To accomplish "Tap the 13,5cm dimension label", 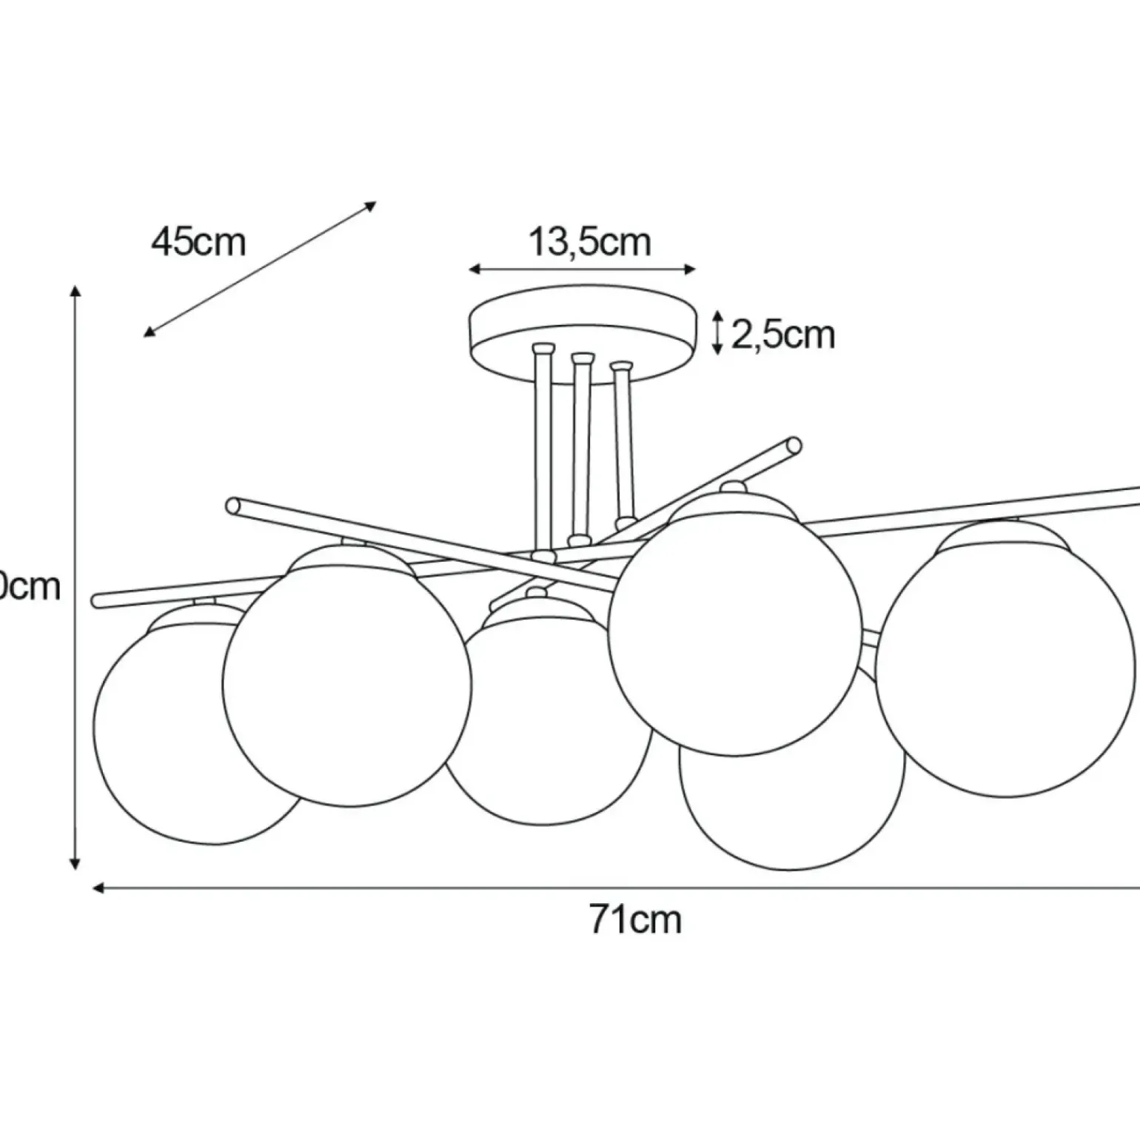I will tap(589, 242).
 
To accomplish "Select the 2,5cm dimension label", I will tap(783, 335).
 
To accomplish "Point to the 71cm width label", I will tap(635, 920).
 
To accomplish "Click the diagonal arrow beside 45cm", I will tap(260, 269).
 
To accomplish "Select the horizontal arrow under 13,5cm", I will tap(583, 269).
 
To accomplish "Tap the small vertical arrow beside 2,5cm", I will tap(717, 332).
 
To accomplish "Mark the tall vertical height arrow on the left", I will tap(75, 577).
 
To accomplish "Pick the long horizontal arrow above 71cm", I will tap(614, 888).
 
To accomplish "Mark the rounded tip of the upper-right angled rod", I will tap(794, 445).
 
